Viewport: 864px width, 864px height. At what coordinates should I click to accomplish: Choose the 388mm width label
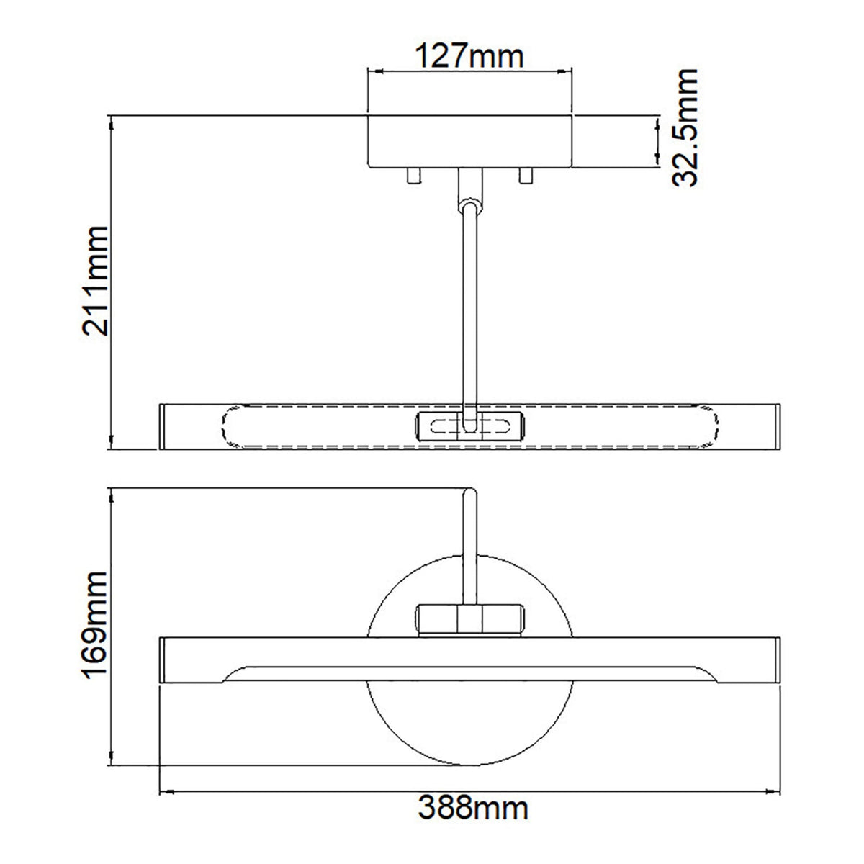pos(473,828)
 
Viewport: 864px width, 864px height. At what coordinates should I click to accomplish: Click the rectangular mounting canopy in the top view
pos(469,141)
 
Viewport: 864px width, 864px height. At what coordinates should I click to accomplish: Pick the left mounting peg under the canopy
pos(414,176)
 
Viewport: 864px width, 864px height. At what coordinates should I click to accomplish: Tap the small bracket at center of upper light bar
pos(469,425)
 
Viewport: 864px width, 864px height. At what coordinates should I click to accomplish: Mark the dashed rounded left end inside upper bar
pos(229,428)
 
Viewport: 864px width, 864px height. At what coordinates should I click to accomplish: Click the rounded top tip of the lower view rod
pos(469,492)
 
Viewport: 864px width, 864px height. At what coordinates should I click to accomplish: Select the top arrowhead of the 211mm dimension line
pos(111,122)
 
